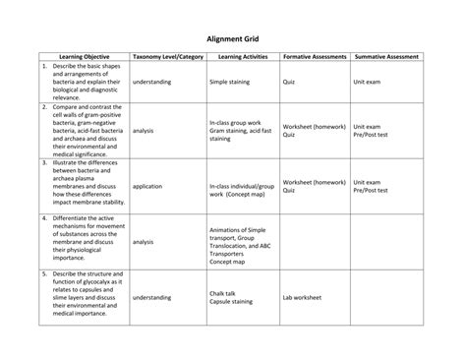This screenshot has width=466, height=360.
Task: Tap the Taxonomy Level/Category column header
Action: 167,57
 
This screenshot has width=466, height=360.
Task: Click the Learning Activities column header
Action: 240,57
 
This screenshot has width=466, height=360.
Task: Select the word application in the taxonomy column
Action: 147,185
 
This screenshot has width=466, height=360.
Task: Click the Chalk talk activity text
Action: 222,292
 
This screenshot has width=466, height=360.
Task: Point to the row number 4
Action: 44,217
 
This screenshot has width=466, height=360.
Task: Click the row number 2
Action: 44,106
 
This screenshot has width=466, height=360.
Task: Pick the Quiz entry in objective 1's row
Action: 289,83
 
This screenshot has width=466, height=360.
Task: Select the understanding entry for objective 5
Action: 151,296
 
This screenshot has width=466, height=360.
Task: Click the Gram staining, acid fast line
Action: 240,130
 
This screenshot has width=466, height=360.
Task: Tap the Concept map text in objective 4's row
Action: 227,263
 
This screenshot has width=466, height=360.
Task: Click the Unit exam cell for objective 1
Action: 367,83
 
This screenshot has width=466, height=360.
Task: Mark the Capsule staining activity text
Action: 231,301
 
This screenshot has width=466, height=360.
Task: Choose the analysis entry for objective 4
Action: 143,241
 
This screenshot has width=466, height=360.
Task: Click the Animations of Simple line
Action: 237,230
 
